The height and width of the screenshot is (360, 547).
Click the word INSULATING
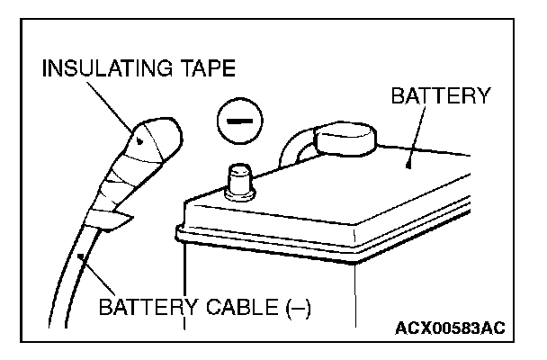pos(91,67)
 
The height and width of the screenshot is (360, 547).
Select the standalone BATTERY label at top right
pos(440,96)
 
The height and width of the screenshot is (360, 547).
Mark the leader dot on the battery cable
pos(84,256)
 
